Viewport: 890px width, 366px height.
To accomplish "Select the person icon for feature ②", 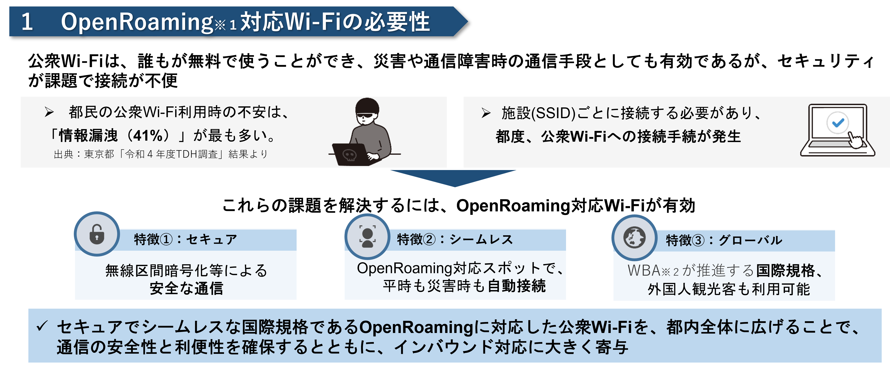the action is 368,237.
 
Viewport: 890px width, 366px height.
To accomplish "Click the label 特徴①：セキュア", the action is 186,239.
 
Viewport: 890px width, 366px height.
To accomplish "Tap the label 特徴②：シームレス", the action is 455,239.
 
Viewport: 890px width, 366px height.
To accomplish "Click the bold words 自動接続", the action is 517,286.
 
